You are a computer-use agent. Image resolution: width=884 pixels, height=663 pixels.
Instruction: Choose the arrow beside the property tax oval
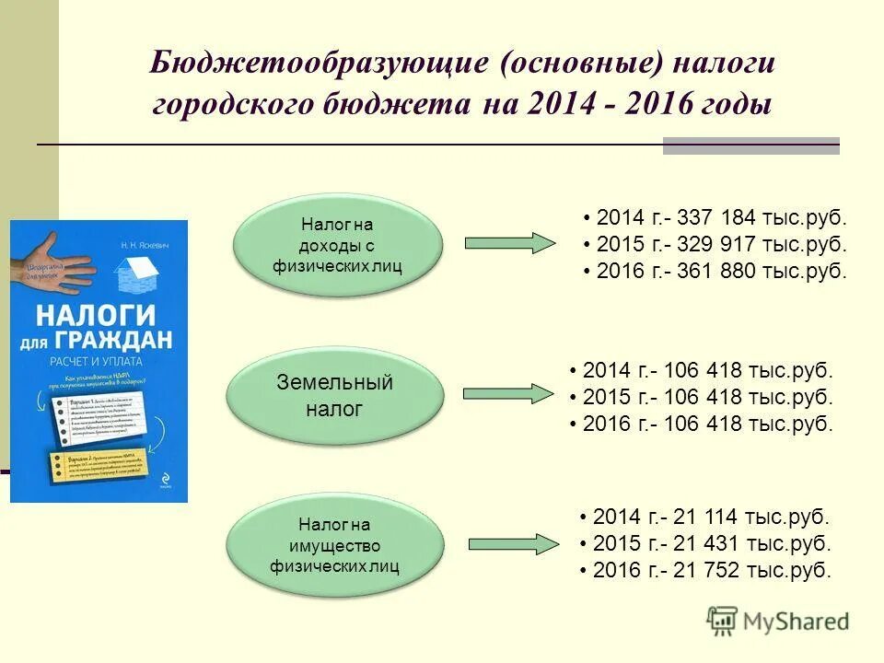[508, 545]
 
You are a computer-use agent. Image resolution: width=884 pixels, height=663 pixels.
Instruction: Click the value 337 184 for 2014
[714, 219]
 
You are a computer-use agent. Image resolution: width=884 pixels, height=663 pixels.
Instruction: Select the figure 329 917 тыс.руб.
[714, 246]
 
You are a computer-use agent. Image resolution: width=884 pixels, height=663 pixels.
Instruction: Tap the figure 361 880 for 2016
[714, 273]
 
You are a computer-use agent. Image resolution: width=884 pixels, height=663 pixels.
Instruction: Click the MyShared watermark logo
[778, 622]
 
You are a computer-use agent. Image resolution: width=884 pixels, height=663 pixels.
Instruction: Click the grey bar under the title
[750, 145]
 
